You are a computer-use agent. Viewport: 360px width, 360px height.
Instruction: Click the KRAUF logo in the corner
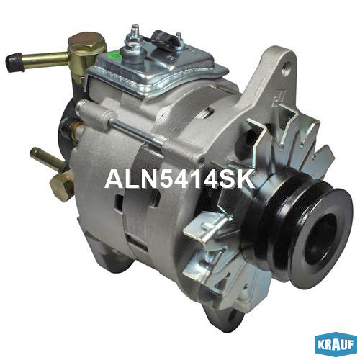pyautogui.click(x=336, y=344)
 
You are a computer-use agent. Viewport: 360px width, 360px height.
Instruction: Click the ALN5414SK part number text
pyautogui.click(x=179, y=179)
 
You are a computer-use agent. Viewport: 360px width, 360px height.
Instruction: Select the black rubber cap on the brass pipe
pyautogui.click(x=15, y=63)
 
